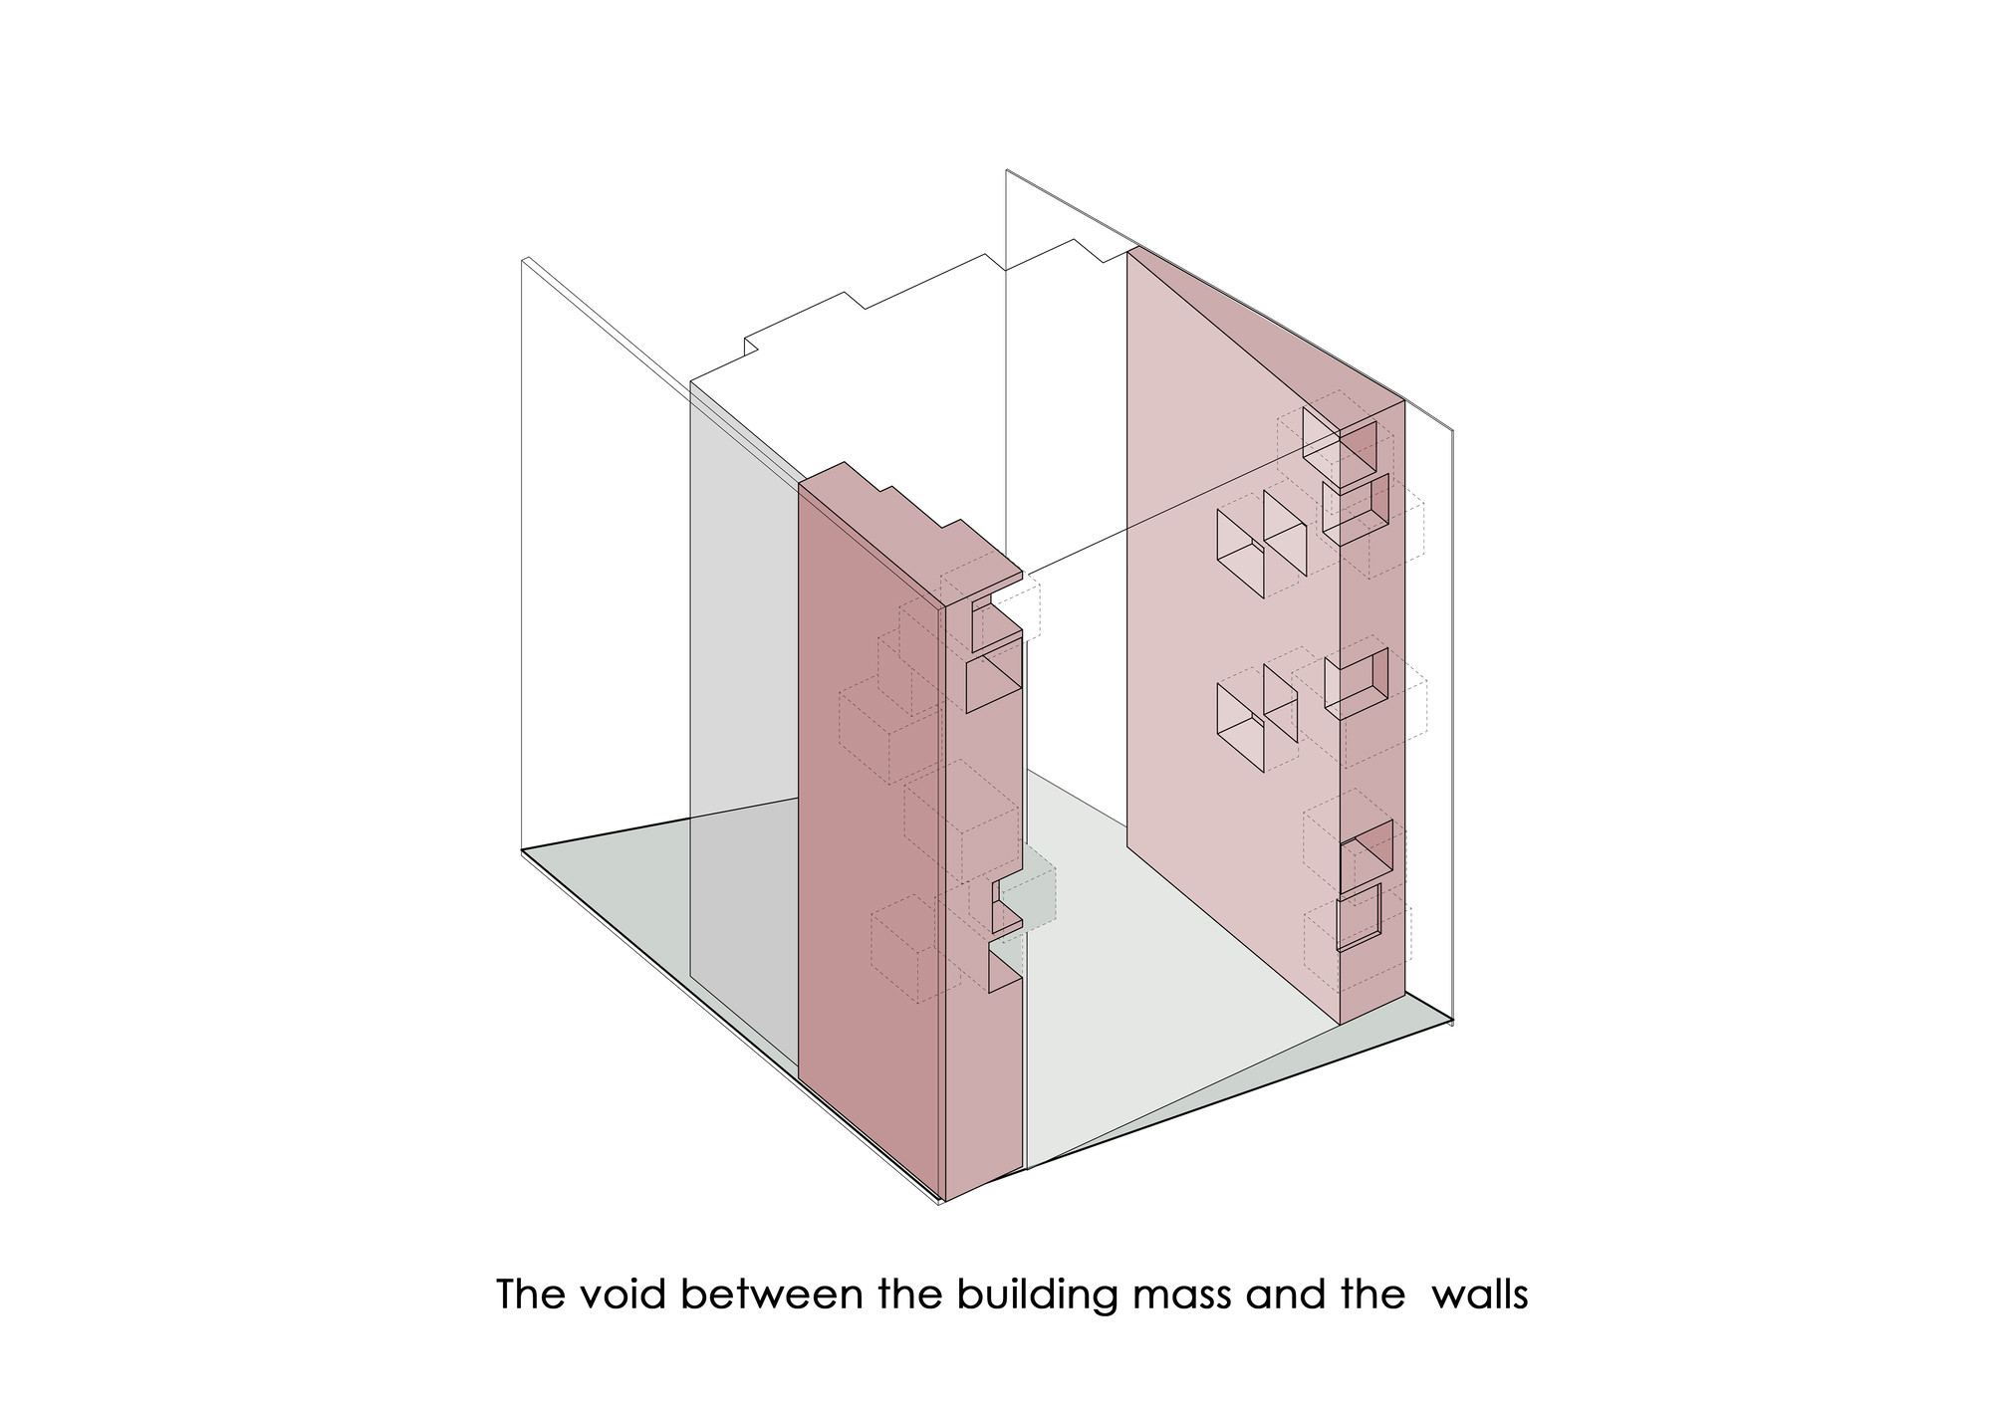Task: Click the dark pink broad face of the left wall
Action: (x=867, y=846)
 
